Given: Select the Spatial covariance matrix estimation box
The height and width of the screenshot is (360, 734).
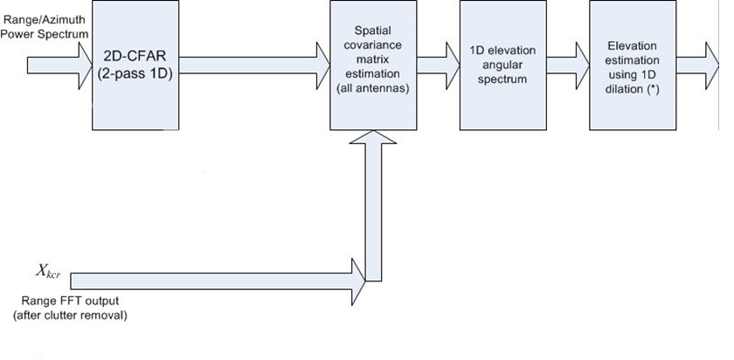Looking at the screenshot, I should pyautogui.click(x=373, y=66).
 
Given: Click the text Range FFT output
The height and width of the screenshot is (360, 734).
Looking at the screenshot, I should pyautogui.click(x=66, y=301).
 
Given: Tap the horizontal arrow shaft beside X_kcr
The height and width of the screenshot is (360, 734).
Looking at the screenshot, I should pyautogui.click(x=210, y=280).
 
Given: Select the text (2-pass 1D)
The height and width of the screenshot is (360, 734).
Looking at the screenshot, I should pyautogui.click(x=135, y=75).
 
